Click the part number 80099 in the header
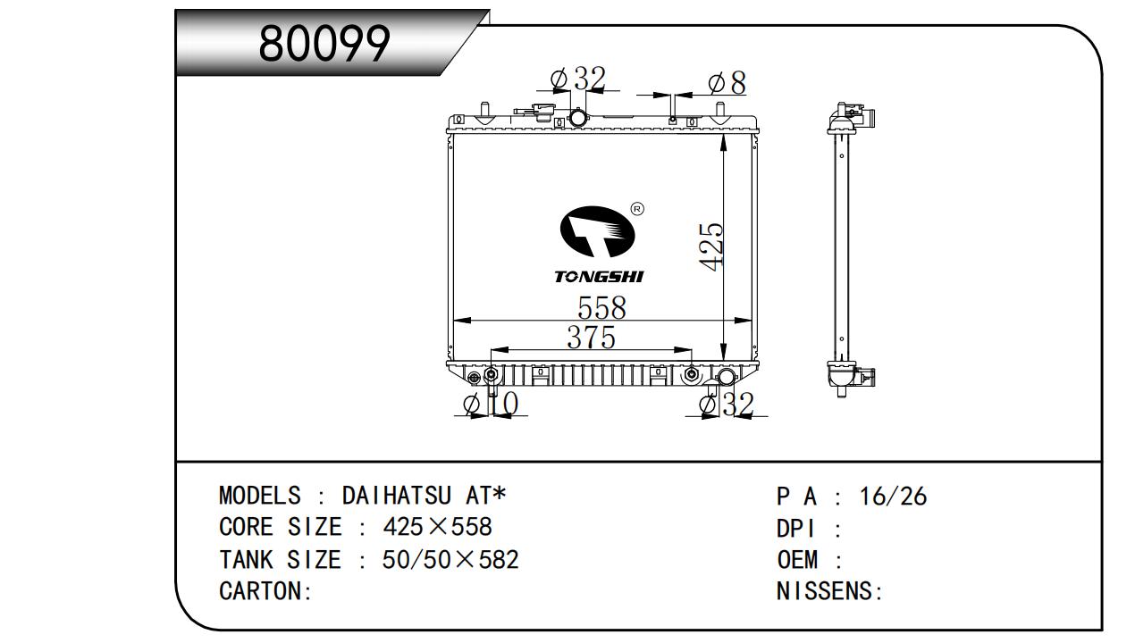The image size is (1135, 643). tap(324, 43)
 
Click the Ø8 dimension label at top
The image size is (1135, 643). tap(726, 83)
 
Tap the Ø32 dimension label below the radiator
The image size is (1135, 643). tap(727, 405)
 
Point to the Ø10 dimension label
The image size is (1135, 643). tap(491, 405)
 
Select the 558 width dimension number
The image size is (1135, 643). tap(601, 308)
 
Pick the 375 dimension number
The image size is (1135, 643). tap(591, 338)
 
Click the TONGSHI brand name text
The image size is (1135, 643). tap(598, 277)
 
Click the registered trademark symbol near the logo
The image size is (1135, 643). tap(637, 209)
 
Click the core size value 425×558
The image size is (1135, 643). tap(437, 527)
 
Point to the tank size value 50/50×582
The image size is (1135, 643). tap(450, 560)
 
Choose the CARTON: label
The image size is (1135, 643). tap(265, 591)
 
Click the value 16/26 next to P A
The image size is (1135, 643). tap(893, 497)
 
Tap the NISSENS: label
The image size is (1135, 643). tap(829, 591)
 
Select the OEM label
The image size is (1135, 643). tap(798, 560)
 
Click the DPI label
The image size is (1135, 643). tap(797, 529)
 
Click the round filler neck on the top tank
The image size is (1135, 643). tap(579, 118)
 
